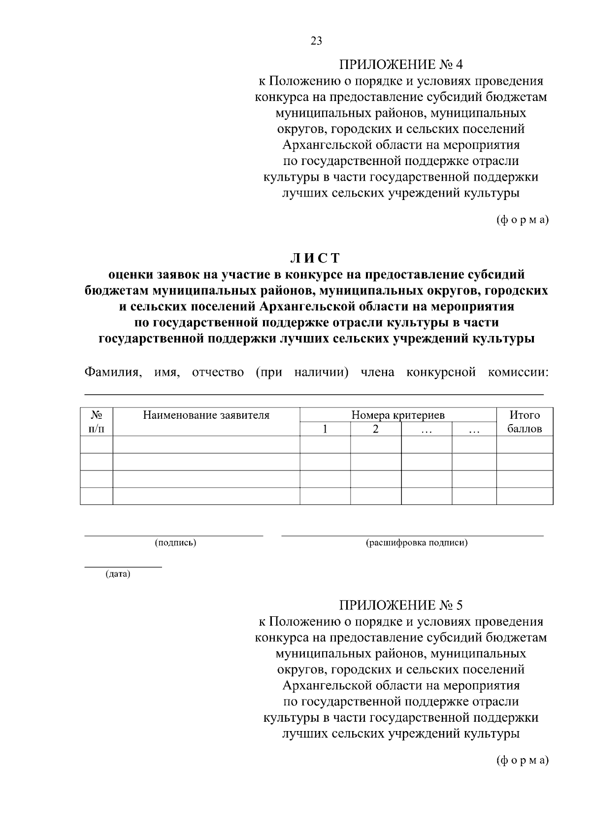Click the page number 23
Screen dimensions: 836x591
click(x=316, y=41)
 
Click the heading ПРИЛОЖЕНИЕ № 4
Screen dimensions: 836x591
click(x=400, y=65)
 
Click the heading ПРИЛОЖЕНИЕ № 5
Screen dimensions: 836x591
click(x=400, y=604)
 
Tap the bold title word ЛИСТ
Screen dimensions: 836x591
click(x=316, y=258)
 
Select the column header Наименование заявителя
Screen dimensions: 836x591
click(x=206, y=415)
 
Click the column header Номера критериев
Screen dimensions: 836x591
click(x=398, y=415)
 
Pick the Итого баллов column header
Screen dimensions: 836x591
click(x=525, y=422)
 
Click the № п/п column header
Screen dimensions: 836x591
click(x=97, y=422)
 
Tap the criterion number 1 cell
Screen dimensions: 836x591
click(x=325, y=429)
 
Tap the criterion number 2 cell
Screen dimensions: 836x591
click(x=376, y=429)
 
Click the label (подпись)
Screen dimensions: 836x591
click(x=175, y=543)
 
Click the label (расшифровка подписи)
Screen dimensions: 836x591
click(x=417, y=543)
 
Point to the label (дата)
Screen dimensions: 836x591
click(x=118, y=574)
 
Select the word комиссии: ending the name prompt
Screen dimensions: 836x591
click(x=518, y=372)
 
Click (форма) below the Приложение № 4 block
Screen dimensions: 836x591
click(x=522, y=220)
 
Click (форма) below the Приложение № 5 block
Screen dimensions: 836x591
click(x=522, y=760)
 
